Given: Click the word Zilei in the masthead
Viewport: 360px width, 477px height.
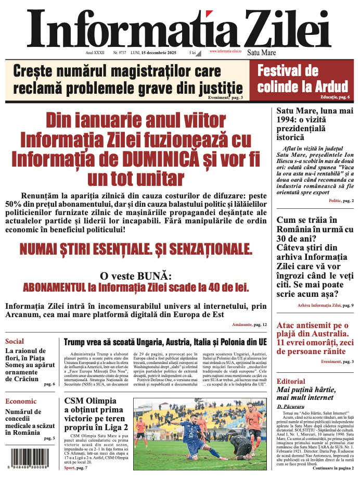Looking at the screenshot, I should click(x=280, y=26).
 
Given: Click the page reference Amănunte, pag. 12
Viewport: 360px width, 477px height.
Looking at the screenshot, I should click(x=250, y=324).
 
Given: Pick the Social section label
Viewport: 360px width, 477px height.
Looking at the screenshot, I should click(x=15, y=342).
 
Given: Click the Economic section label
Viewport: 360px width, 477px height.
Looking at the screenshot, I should click(x=21, y=401).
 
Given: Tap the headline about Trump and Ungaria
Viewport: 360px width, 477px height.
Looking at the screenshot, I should click(x=165, y=342).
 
